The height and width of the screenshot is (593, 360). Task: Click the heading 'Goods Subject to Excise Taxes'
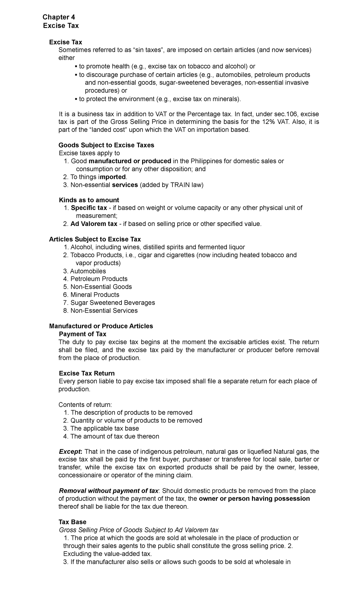(106, 145)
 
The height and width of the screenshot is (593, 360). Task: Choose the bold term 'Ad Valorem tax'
(94, 224)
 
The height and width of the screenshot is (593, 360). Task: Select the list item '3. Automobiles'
(84, 271)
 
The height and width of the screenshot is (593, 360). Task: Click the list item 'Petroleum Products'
(99, 279)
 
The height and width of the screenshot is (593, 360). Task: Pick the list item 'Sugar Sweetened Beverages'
(112, 303)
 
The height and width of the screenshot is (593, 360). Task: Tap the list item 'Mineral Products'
(95, 295)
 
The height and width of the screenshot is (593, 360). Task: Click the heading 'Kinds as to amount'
(89, 200)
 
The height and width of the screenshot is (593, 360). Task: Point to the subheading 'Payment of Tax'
(82, 334)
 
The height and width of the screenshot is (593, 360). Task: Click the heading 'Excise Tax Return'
(87, 373)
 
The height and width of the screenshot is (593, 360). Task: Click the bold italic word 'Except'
(70, 452)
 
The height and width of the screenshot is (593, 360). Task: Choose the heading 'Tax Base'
(73, 522)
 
